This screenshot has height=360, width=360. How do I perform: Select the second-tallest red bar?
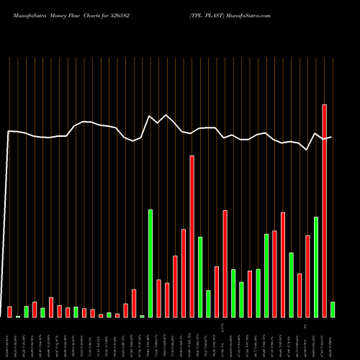point(192,236)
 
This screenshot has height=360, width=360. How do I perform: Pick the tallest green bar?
point(150,263)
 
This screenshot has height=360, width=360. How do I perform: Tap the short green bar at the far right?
point(333,310)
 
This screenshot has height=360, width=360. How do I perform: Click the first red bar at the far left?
point(9,312)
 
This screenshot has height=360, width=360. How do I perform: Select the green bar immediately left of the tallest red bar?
point(316,266)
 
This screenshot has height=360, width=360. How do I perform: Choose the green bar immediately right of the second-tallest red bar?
point(200,276)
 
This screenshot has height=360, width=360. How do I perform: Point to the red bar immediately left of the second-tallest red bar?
point(184,273)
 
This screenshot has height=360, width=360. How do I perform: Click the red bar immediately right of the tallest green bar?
point(158,298)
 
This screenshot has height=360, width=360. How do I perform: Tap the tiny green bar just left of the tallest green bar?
point(142,316)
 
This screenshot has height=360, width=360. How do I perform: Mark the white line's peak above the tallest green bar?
point(150,116)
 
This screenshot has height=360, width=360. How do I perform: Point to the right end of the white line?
point(331,137)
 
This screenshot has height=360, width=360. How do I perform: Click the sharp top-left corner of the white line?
point(9,131)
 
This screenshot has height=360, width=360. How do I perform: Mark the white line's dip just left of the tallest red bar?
point(307,150)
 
